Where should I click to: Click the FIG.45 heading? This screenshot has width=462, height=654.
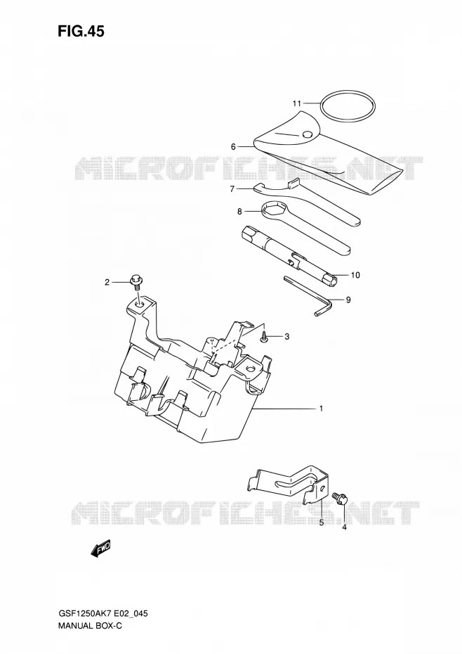coord(81,31)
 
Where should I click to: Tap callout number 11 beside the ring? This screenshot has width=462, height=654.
coord(296,103)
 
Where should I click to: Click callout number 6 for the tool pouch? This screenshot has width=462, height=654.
coord(233,147)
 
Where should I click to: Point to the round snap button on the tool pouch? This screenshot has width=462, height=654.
coord(308,134)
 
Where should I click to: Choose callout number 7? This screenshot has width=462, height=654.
coord(232,189)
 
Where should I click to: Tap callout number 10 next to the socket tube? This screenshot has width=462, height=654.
coord(355,275)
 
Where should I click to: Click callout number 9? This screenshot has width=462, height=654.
coord(348,300)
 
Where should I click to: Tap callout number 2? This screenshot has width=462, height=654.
coord(107,283)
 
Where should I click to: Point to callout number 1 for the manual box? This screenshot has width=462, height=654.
coord(321,409)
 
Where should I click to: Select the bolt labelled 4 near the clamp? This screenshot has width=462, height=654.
coord(339,498)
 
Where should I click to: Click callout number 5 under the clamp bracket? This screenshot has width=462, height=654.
coord(322,523)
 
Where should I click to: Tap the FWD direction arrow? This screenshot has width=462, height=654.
coord(100,549)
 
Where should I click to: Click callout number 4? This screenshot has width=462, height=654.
coord(344,527)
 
